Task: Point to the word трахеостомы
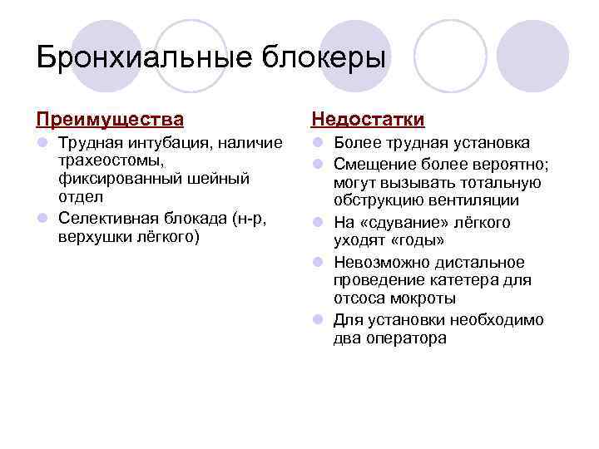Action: coord(113,161)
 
